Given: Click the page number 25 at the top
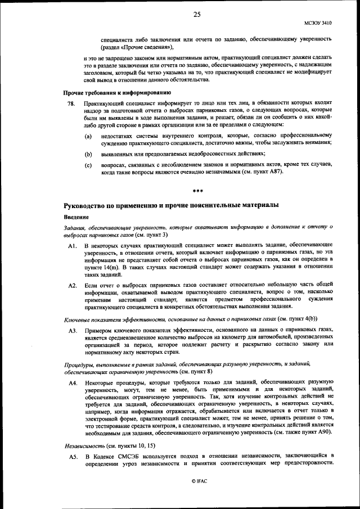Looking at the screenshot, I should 197,15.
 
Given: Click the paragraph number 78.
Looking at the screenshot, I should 71,104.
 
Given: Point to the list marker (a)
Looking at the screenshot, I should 88,137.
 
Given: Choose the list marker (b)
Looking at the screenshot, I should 88,154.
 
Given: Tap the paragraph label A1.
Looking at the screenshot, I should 72,246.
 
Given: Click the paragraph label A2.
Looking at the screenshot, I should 72,286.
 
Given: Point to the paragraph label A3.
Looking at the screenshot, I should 72,330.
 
